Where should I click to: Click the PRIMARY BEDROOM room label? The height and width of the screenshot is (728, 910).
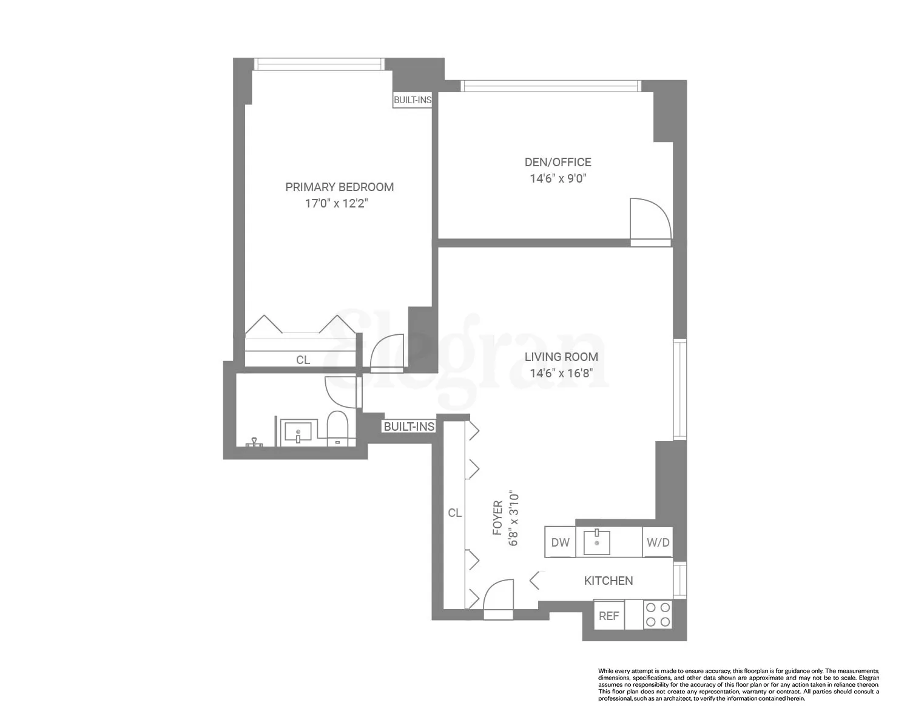point(339,187)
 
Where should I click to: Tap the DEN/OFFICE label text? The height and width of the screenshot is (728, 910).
point(558,162)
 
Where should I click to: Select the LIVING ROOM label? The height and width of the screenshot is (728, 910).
point(561,357)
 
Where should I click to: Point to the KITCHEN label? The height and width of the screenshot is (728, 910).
point(608,581)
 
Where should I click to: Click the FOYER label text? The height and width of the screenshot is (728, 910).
point(497,518)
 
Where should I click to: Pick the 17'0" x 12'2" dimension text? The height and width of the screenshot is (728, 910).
point(337,203)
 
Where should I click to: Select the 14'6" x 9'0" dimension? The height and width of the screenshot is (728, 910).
point(558,178)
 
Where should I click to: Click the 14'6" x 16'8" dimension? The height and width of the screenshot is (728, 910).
point(561,373)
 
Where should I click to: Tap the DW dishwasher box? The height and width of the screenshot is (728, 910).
point(560,542)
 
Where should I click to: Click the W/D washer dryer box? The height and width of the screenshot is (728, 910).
point(658,542)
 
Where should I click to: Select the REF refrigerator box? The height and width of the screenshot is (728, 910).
point(608,615)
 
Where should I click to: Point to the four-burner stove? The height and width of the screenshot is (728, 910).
point(657,615)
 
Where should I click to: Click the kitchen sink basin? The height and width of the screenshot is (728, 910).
point(597,542)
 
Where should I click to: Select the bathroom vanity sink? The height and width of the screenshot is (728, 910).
point(298,432)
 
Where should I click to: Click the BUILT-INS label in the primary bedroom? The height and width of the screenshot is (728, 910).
point(413,100)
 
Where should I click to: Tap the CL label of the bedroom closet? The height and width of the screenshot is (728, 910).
point(303,360)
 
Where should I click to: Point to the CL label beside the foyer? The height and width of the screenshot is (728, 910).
point(454,513)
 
